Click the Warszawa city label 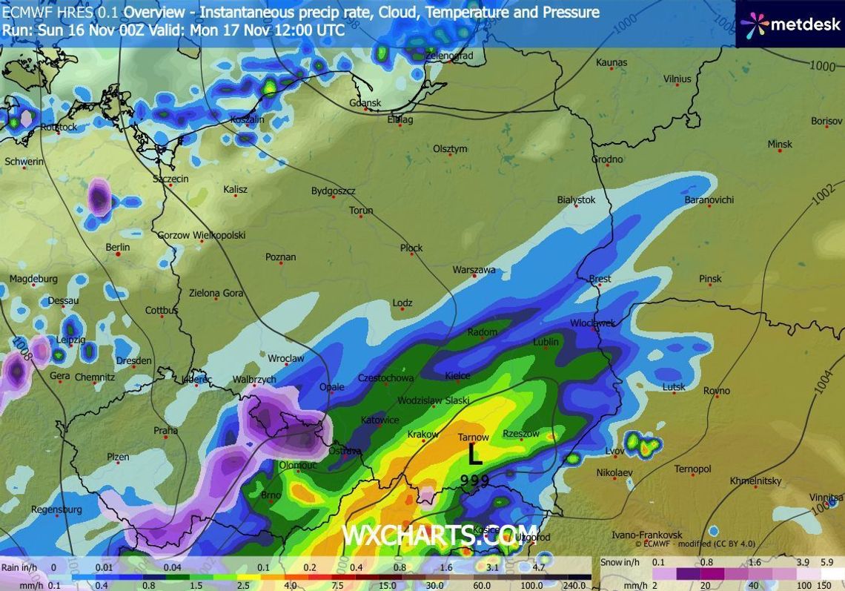point(474,270)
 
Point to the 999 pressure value point(474,481)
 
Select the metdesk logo point(789,24)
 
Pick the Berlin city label point(117,248)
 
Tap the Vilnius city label point(677,79)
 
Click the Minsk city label point(779,144)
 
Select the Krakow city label point(423,434)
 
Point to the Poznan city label point(280,257)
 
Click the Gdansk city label point(365,103)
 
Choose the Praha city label point(165,430)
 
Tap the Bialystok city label point(576,200)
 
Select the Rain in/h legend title point(19,568)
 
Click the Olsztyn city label point(450,149)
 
